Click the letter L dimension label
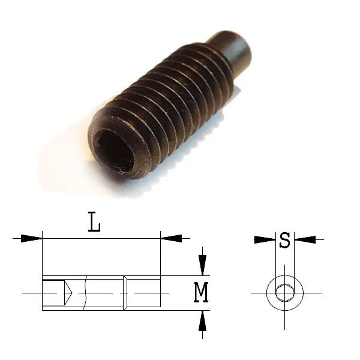click(94, 222)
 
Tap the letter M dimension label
click(201, 292)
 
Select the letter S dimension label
click(284, 241)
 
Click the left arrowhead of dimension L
click(31, 238)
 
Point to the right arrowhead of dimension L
click(171, 238)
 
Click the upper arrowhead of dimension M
click(202, 265)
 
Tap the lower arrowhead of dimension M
click(202, 321)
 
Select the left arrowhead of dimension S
click(265, 239)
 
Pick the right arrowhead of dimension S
click(305, 239)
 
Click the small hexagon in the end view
click(284, 293)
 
